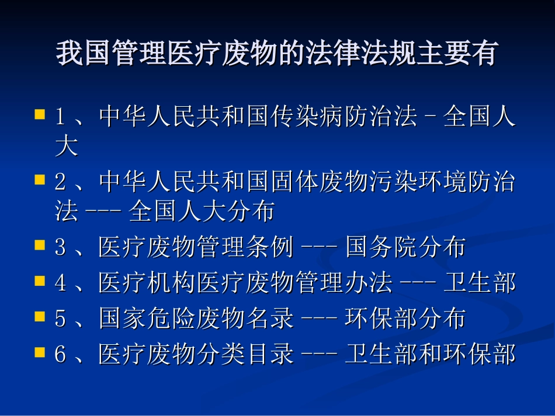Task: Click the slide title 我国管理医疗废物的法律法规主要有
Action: (276, 54)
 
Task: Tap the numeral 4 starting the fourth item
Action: (60, 284)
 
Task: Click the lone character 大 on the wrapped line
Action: (66, 146)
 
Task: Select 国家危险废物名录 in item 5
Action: (196, 319)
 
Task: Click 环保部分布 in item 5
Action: (405, 319)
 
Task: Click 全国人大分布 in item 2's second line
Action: (202, 212)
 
